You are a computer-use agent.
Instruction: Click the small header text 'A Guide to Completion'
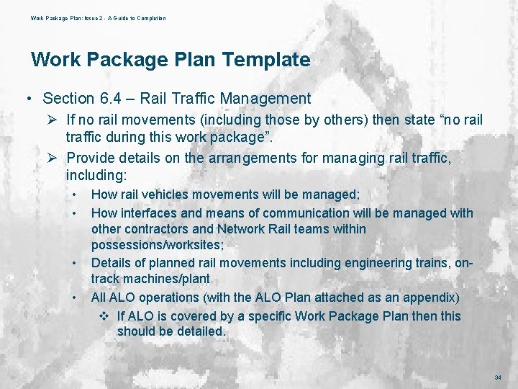pos(138,18)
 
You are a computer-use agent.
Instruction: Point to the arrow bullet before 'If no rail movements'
pos(53,119)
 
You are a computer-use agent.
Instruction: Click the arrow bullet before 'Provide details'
pos(53,157)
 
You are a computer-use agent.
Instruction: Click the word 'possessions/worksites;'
pos(157,245)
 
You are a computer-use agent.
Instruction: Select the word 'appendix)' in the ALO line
pos(434,297)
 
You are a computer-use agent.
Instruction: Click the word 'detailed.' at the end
pos(201,331)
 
